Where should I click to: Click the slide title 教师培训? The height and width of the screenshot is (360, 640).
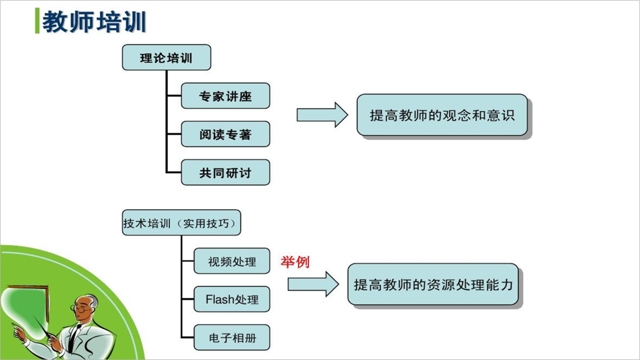[94, 22]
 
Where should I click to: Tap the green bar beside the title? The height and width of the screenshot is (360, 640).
[37, 21]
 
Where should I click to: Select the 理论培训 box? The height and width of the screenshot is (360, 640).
[167, 57]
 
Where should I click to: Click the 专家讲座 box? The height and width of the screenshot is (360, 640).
[226, 95]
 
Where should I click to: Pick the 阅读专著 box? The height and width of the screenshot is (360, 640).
[226, 134]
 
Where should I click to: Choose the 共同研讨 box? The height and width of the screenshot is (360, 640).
[226, 172]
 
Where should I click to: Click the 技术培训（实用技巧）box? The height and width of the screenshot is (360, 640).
[182, 223]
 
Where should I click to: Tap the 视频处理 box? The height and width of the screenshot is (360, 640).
[232, 261]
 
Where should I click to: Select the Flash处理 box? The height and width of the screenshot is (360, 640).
[232, 299]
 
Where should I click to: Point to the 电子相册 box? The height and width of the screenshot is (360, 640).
[232, 337]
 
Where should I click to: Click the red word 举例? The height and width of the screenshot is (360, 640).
[295, 262]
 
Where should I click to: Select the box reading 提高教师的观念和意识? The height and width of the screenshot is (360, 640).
[442, 115]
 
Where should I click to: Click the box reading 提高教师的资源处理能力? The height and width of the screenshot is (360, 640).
[433, 284]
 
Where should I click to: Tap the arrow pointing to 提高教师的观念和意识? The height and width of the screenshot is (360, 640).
[322, 115]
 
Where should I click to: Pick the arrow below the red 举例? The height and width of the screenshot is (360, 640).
[313, 284]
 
